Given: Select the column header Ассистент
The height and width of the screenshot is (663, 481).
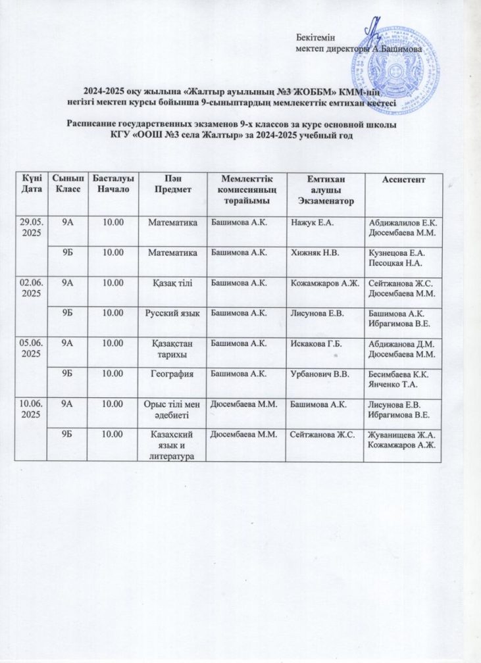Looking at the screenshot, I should click(407, 179).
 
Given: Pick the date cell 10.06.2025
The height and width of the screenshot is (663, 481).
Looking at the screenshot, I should click(31, 406).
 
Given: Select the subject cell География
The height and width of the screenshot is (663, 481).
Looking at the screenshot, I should click(172, 373).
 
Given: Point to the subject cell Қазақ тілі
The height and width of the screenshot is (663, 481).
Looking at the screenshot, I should click(172, 282).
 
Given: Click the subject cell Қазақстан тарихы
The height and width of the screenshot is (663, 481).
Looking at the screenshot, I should click(172, 348).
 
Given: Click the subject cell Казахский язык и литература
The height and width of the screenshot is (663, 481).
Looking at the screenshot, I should click(172, 444).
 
